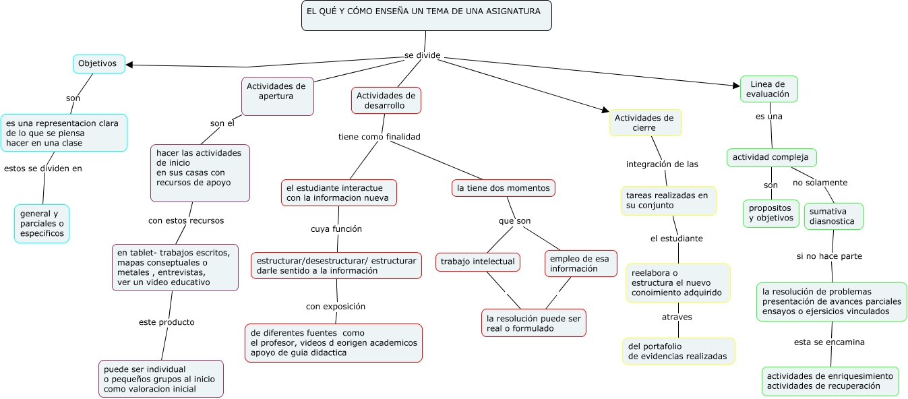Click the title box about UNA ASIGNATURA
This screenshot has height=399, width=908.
426,16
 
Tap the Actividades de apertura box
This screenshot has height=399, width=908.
277,96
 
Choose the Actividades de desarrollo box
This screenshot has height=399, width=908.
386,100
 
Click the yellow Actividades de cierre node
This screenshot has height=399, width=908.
645,123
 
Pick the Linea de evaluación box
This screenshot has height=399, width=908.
768,89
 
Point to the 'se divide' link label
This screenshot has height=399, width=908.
422,55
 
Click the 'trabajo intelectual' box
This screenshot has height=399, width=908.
477,262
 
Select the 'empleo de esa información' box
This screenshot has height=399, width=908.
580,264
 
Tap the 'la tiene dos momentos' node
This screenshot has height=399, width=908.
503,188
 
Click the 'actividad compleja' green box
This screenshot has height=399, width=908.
771,158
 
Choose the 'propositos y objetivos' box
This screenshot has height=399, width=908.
770,213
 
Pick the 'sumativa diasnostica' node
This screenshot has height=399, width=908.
833,216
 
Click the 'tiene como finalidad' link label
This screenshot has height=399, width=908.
379,137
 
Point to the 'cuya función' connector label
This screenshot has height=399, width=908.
336,228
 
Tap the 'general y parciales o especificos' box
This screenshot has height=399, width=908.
42,223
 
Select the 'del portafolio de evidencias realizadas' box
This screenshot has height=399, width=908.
677,350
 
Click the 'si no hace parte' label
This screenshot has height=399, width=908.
828,256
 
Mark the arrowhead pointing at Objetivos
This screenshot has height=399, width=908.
130,65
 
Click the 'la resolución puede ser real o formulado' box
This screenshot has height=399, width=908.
533,323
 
